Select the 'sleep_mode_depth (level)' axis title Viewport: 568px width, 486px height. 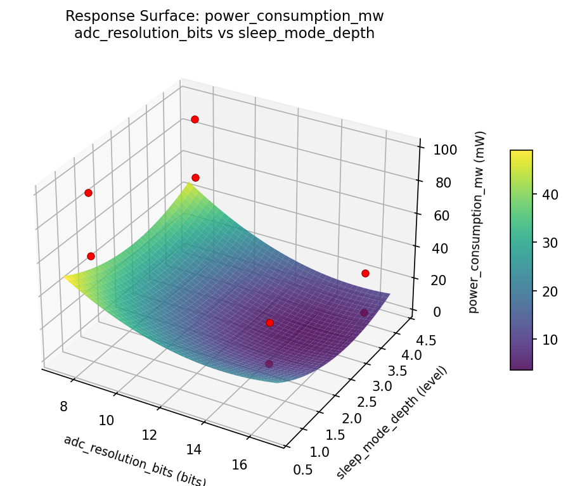coord(391,423)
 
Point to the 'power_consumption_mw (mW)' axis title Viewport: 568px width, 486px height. coord(481,222)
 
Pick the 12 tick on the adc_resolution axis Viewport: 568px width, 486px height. coord(150,435)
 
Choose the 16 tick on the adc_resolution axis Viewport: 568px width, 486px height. coord(240,465)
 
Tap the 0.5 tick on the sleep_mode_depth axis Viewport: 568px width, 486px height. coord(303,469)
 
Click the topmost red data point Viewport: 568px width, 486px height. coord(195,119)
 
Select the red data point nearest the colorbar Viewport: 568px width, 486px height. coord(365,273)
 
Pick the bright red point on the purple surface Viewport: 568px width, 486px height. coord(269,323)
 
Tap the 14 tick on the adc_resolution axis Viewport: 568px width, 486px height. coord(194,450)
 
